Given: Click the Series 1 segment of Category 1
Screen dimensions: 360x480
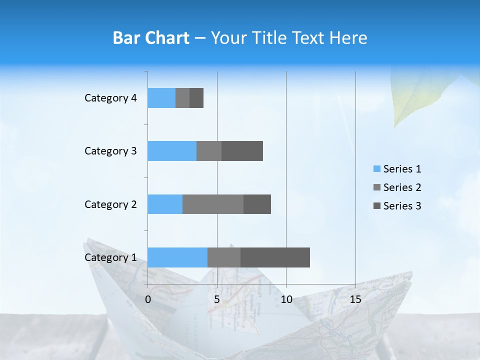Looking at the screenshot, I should [x=177, y=257].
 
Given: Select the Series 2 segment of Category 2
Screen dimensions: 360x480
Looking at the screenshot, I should [x=213, y=204].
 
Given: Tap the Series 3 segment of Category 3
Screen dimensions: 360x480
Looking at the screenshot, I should [x=242, y=151].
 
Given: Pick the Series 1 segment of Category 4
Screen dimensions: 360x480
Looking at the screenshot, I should [x=161, y=98].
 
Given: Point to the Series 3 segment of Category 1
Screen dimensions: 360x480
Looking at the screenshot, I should [x=275, y=257].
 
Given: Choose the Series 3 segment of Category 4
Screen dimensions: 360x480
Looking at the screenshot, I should [x=196, y=98].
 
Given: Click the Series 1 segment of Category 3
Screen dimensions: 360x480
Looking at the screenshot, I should [x=172, y=151].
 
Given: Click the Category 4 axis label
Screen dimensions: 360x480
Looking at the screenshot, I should [x=110, y=98].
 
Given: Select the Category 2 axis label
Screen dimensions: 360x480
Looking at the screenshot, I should [x=110, y=204].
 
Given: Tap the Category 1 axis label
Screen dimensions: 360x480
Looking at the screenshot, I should [x=110, y=257].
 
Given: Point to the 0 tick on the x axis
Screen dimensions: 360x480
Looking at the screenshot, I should [x=148, y=299].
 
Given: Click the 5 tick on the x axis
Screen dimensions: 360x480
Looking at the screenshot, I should [x=217, y=299].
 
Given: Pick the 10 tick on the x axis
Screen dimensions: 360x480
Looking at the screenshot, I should [x=286, y=299].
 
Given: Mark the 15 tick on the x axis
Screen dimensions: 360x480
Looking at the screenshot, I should [x=355, y=299].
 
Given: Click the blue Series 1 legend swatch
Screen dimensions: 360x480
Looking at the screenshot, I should [x=377, y=169].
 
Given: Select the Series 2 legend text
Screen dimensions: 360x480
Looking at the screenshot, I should [x=402, y=187].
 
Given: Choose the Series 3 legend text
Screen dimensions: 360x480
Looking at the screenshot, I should [x=402, y=206].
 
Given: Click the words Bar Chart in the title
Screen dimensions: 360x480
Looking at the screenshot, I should [x=151, y=38].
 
